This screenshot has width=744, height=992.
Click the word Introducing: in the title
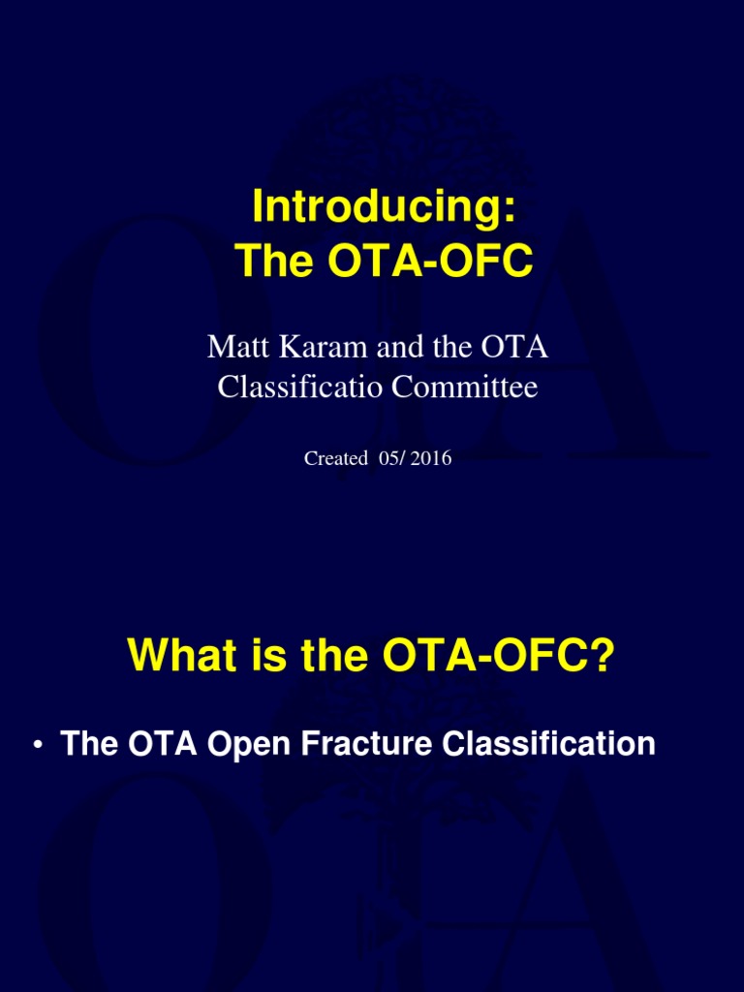tap(378, 206)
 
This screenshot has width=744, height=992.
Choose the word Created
tap(335, 459)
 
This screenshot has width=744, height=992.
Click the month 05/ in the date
tap(390, 459)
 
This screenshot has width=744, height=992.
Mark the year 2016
tap(431, 459)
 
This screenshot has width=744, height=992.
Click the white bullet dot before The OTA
tap(37, 745)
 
